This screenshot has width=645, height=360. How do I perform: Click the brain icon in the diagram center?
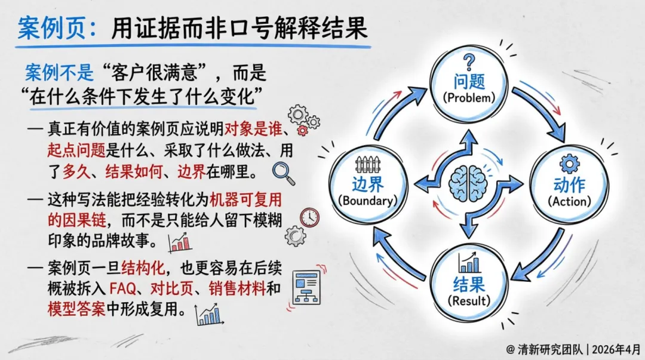click(x=468, y=180)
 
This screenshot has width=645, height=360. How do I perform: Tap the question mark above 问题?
click(x=469, y=61)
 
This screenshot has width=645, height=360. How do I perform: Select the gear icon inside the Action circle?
click(x=569, y=162)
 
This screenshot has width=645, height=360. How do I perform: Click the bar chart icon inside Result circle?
click(x=470, y=263)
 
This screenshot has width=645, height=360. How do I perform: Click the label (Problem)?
click(x=469, y=97)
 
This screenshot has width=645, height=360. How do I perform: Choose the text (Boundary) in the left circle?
click(x=368, y=201)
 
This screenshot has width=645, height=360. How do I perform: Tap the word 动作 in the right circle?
click(x=569, y=184)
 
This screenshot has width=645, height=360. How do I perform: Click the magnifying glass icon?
click(x=283, y=172)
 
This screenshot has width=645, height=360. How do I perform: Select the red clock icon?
click(x=309, y=217)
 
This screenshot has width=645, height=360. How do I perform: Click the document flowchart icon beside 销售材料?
click(x=306, y=287)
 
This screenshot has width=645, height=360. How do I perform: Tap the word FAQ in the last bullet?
click(x=124, y=290)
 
